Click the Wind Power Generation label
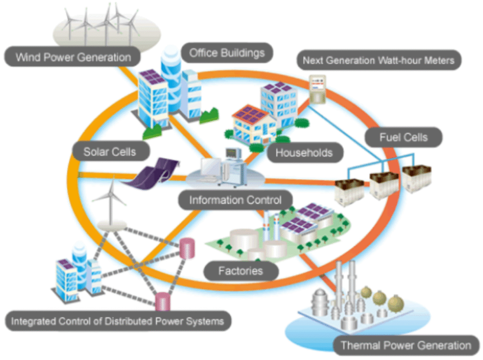73,58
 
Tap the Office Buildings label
227,53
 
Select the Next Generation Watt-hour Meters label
378,60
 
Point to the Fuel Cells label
403,138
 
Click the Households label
304,153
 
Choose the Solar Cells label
110,152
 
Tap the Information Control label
235,200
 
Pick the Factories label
241,271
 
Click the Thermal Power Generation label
405,345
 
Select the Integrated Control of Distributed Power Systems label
117,322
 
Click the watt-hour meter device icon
317,90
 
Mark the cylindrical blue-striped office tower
173,80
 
